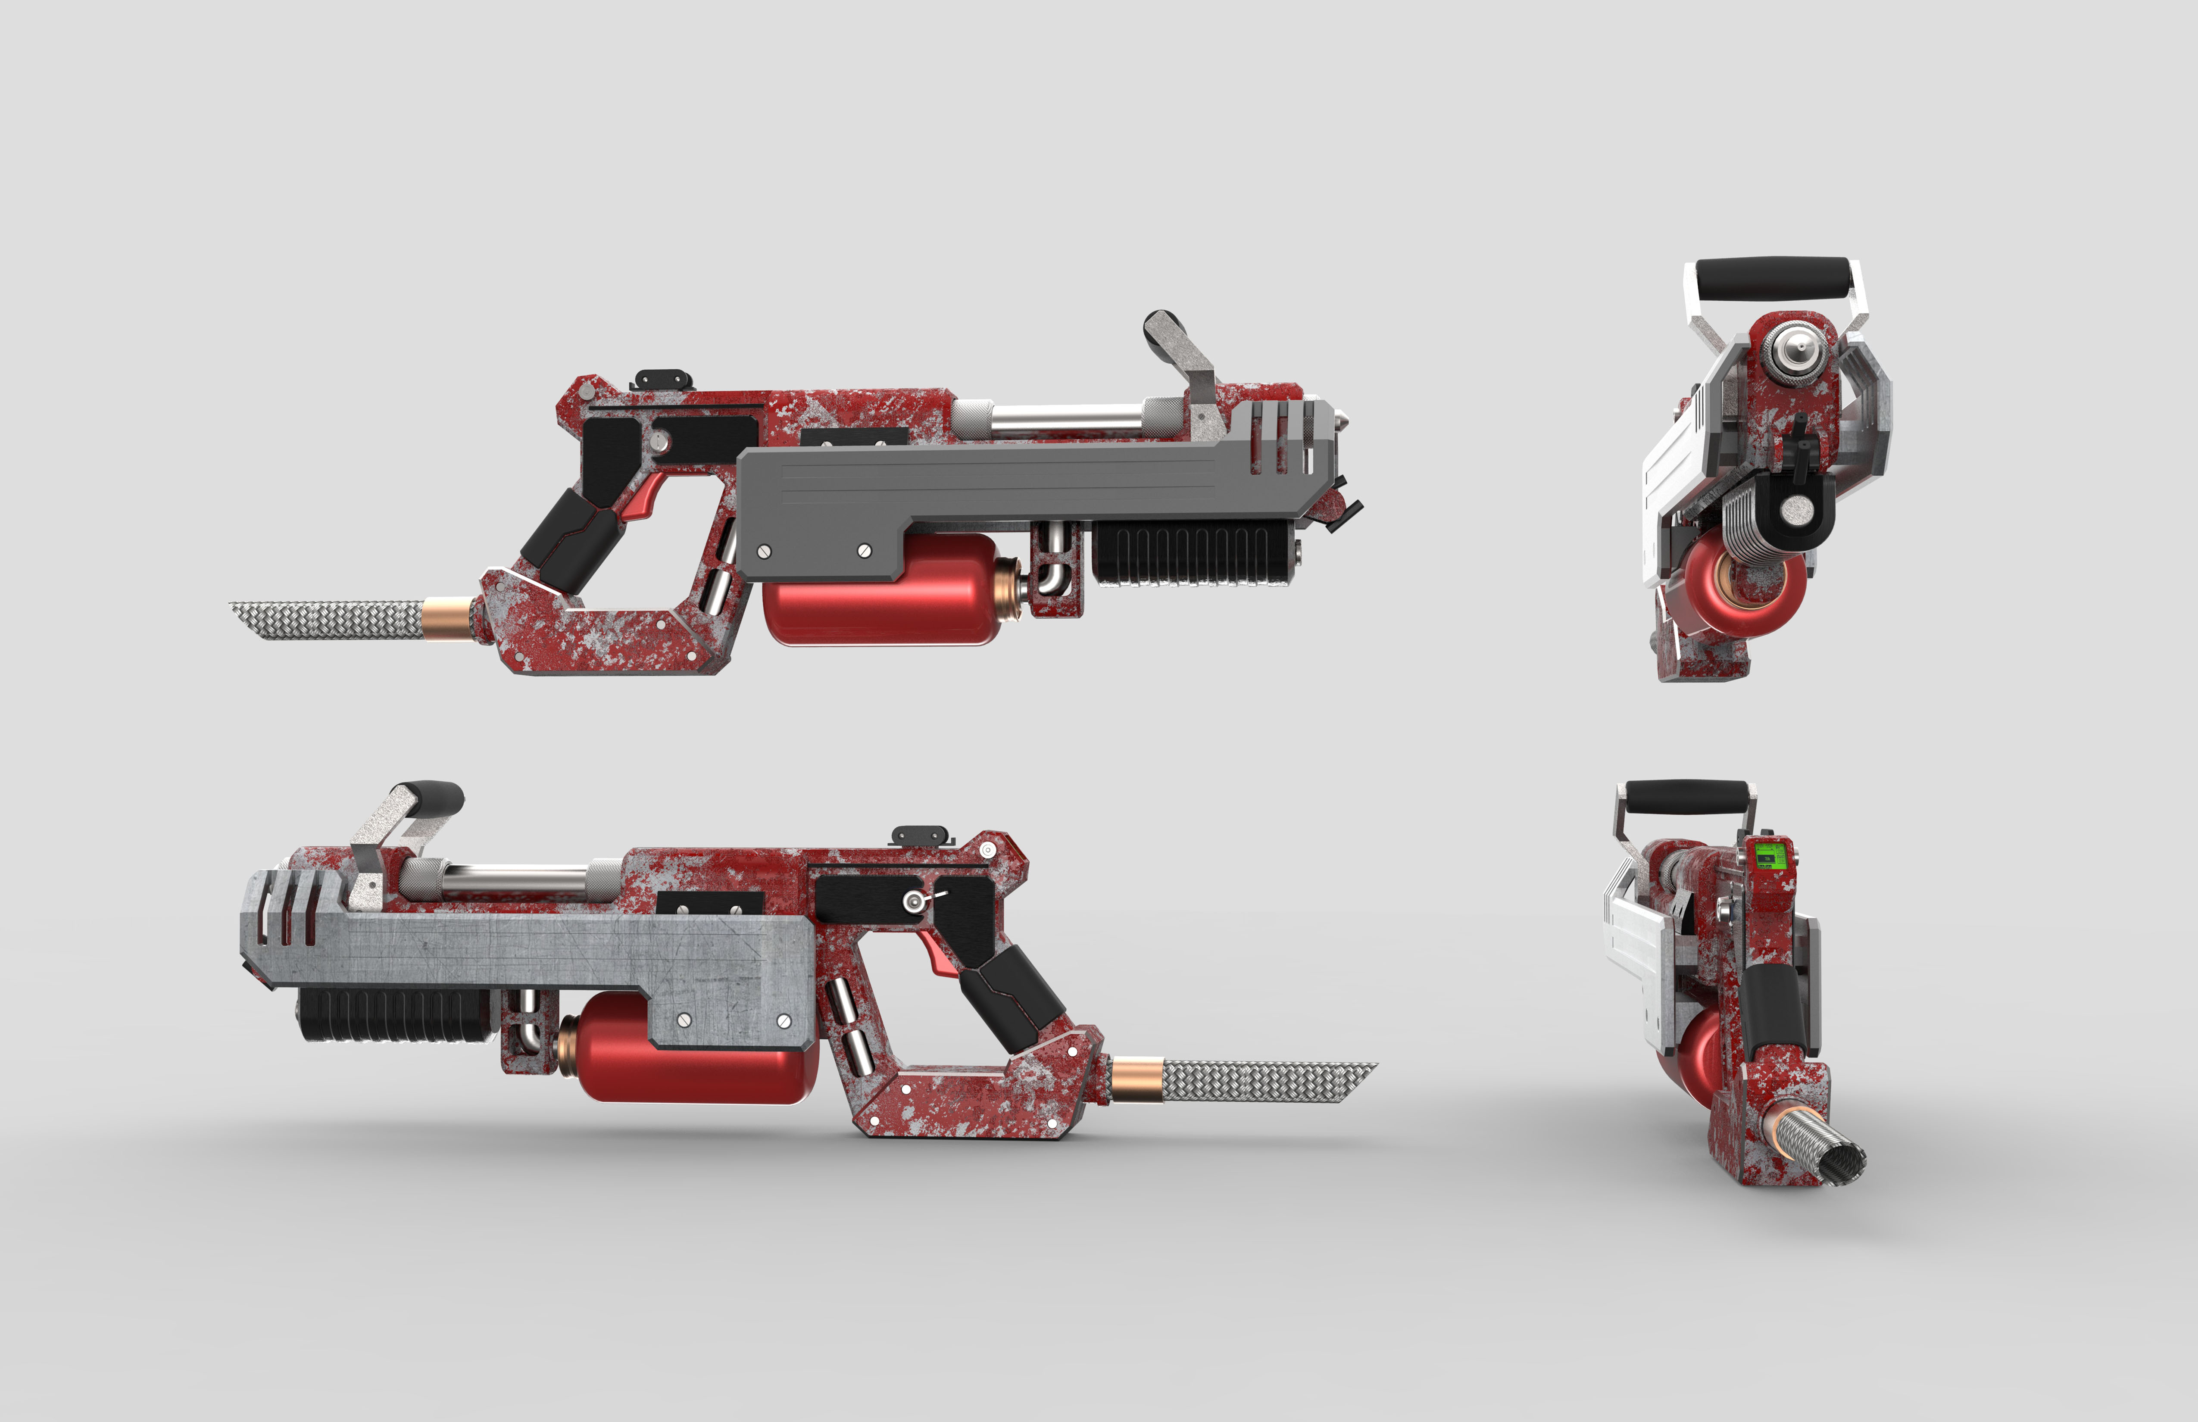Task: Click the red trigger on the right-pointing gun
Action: (644, 499)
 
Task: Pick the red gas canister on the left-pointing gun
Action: (693, 1053)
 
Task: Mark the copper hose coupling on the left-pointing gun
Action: (1136, 1079)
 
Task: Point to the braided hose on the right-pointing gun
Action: (328, 619)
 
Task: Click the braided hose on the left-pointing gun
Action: (1265, 1080)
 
